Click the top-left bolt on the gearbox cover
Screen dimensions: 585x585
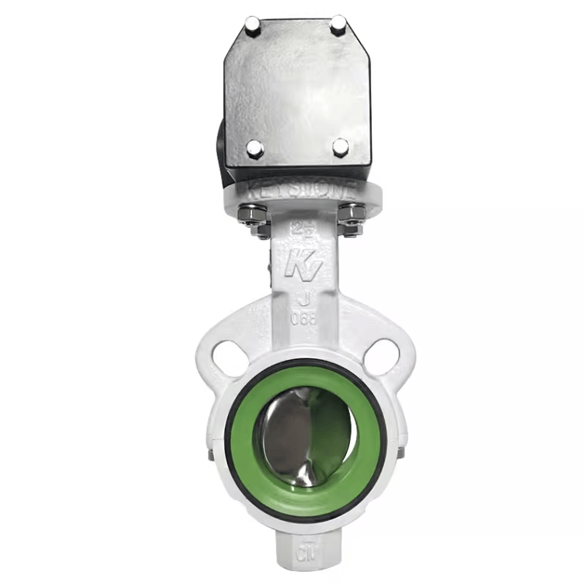click(253, 28)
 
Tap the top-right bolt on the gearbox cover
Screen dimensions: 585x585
click(338, 26)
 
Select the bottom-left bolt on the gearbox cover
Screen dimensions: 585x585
click(254, 148)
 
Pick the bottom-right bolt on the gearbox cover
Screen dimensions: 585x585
click(341, 147)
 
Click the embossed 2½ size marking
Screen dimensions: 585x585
click(300, 228)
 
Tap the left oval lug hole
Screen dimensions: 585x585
click(229, 358)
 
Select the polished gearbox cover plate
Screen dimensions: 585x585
click(297, 85)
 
